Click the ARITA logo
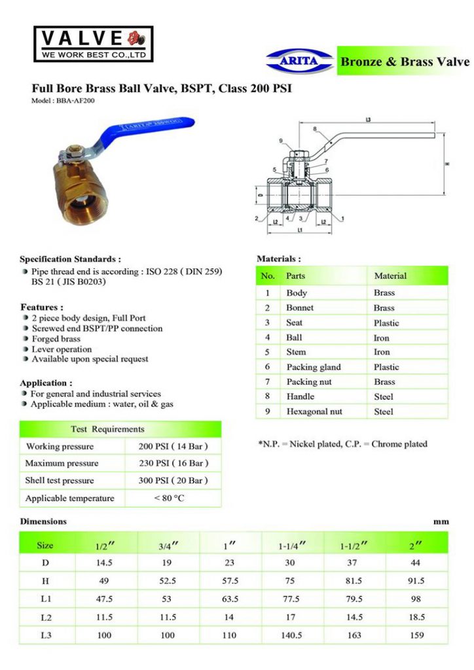click(300, 62)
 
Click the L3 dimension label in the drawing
click(368, 120)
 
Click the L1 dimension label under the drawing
click(299, 231)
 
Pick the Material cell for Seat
click(386, 323)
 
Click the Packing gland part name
click(314, 367)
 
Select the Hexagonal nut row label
click(314, 412)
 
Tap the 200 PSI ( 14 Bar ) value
click(173, 446)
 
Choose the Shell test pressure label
click(60, 480)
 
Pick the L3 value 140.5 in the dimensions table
click(290, 635)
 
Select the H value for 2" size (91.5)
click(416, 580)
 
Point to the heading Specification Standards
click(70, 259)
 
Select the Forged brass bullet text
click(56, 339)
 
